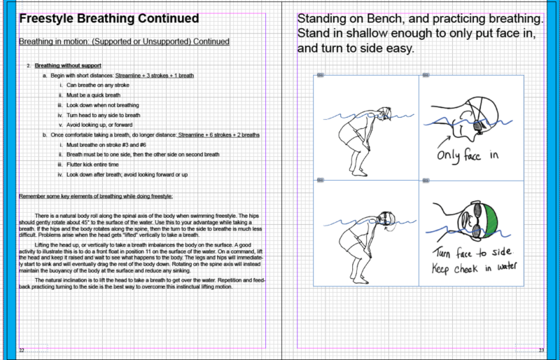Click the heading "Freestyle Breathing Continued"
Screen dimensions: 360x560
click(108, 19)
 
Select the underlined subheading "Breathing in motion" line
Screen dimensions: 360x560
click(124, 42)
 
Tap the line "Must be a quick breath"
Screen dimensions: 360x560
click(94, 95)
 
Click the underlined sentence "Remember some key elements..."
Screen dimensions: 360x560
click(95, 195)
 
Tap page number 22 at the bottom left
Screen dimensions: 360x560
click(22, 350)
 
